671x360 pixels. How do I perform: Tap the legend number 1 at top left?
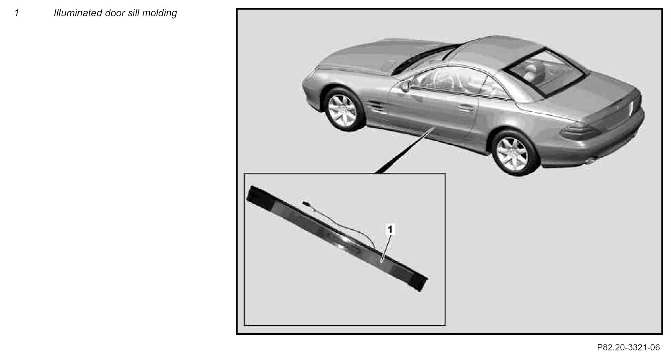17,13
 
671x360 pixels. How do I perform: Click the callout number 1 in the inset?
390,230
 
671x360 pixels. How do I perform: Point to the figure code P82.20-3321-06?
628,347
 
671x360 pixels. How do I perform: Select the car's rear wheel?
513,154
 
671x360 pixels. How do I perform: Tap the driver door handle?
466,108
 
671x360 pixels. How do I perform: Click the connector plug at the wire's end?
307,204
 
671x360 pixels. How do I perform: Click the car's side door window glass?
449,80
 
